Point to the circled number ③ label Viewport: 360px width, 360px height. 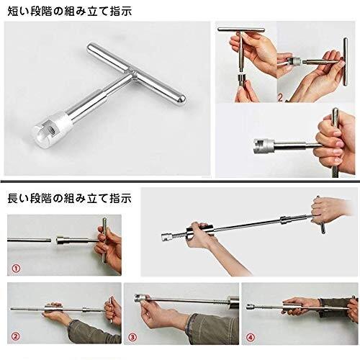(x=132, y=338)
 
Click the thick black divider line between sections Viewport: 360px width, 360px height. (x=180, y=178)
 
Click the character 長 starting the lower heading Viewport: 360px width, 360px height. (x=13, y=197)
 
